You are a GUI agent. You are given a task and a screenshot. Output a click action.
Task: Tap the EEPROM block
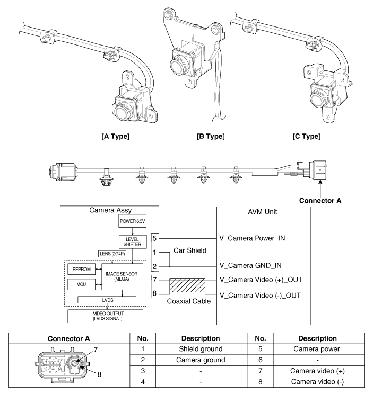coord(83,269)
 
